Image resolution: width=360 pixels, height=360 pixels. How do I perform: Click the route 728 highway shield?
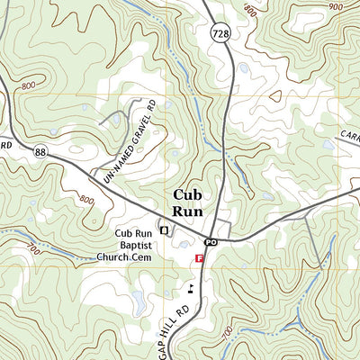tap(220, 33)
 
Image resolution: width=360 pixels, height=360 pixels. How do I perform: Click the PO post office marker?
tap(211, 243)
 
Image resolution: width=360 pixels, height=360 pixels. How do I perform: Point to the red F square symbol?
tap(199, 258)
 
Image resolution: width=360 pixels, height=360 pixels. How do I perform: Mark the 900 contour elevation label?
tap(336, 6)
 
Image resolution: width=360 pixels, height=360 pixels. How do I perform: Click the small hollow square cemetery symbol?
tap(164, 230)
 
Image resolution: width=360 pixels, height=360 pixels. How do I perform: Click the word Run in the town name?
tap(189, 213)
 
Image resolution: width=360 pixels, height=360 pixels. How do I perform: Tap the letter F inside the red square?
tap(199, 258)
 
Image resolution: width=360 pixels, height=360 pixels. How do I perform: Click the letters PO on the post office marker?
tap(211, 243)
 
